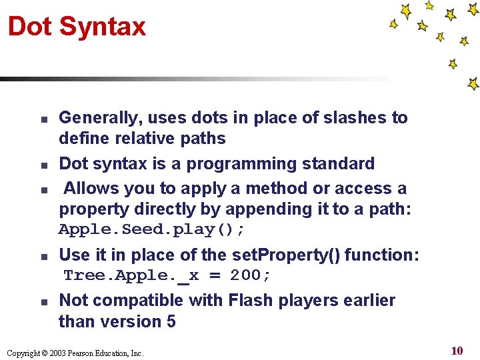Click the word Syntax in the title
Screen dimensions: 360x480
coord(102,27)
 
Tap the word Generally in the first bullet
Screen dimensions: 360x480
coord(100,118)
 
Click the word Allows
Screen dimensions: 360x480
coord(91,189)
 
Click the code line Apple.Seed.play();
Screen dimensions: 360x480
coord(152,230)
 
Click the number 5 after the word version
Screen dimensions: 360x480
coord(171,321)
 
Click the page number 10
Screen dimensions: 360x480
coord(457,351)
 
